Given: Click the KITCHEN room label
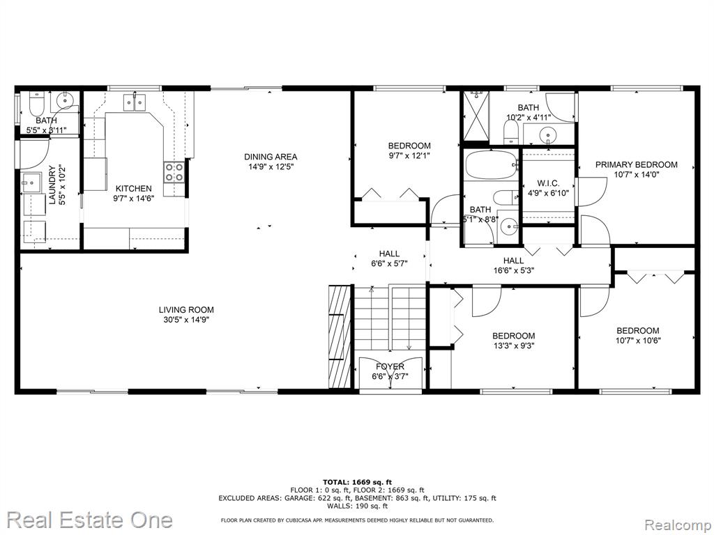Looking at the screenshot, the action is pyautogui.click(x=133, y=188).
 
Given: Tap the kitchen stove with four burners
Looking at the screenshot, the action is pyautogui.click(x=174, y=173).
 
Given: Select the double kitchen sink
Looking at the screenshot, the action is pyautogui.click(x=134, y=102).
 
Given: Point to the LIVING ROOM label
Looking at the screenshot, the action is pyautogui.click(x=186, y=310).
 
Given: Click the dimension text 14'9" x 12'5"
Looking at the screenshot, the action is pyautogui.click(x=271, y=166).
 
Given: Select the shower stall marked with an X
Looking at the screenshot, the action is pyautogui.click(x=476, y=116).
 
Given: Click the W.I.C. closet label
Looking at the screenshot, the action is pyautogui.click(x=548, y=183).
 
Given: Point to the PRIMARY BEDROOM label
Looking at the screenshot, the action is pyautogui.click(x=636, y=164).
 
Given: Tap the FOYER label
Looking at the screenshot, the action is pyautogui.click(x=390, y=366).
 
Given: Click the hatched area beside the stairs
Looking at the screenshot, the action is pyautogui.click(x=340, y=336).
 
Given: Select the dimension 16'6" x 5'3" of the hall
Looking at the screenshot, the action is pyautogui.click(x=513, y=270).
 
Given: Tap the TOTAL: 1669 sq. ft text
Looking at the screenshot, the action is pyautogui.click(x=357, y=482).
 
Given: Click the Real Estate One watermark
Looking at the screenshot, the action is pyautogui.click(x=90, y=520).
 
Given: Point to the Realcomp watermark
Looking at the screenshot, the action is pyautogui.click(x=678, y=525).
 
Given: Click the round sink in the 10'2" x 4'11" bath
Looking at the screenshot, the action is pyautogui.click(x=548, y=134).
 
